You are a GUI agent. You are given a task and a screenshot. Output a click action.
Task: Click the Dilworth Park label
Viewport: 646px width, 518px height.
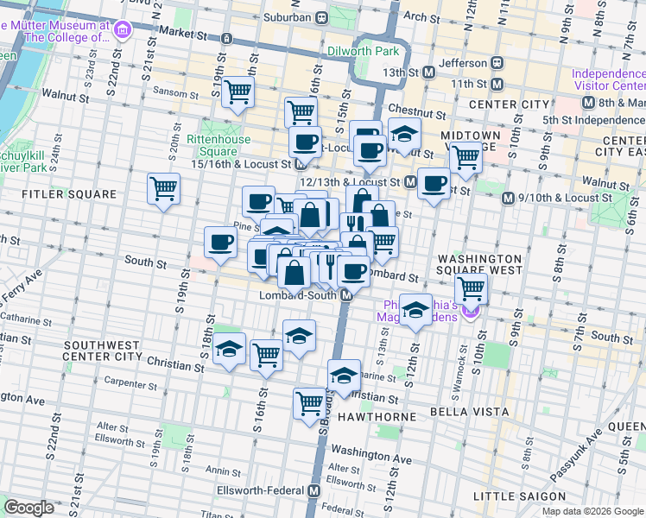pos(363,51)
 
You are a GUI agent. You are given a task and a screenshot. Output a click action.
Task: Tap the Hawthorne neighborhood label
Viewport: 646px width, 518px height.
pos(383,416)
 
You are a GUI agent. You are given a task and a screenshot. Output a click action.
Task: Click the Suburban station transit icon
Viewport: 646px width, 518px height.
pos(320,16)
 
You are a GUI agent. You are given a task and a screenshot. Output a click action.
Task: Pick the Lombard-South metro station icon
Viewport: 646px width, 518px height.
pos(345,295)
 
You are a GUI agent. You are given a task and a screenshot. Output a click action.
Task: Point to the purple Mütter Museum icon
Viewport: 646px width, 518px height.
pos(122,31)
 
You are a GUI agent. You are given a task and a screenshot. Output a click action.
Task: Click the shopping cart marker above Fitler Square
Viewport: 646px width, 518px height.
pos(163,187)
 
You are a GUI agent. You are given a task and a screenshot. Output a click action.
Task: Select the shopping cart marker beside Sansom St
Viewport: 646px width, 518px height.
pos(237,92)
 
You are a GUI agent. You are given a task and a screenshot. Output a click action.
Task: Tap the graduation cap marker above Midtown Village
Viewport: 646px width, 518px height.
pos(403,134)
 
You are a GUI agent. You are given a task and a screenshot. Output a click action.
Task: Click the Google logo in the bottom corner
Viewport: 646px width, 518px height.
pos(28,507)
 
